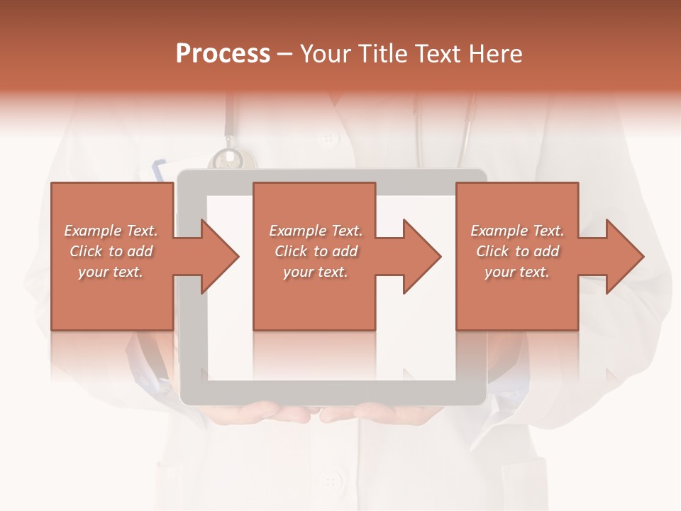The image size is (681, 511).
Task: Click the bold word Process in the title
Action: pyautogui.click(x=223, y=53)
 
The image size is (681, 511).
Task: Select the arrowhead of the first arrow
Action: pyautogui.click(x=221, y=256)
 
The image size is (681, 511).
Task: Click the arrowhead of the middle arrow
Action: pyautogui.click(x=423, y=256)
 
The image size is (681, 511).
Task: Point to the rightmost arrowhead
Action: pyautogui.click(x=625, y=256)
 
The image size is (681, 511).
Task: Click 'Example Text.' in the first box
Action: pyautogui.click(x=111, y=231)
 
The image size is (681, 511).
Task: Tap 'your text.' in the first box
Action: pyautogui.click(x=111, y=272)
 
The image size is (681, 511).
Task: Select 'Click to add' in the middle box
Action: pyautogui.click(x=316, y=251)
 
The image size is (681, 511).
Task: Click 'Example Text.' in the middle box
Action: pyautogui.click(x=316, y=231)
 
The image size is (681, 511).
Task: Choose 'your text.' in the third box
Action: pyautogui.click(x=516, y=272)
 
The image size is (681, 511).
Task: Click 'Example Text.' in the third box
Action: pyautogui.click(x=517, y=231)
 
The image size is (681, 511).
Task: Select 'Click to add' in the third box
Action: pyautogui.click(x=517, y=251)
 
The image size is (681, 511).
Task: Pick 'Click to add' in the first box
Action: pyautogui.click(x=111, y=251)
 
